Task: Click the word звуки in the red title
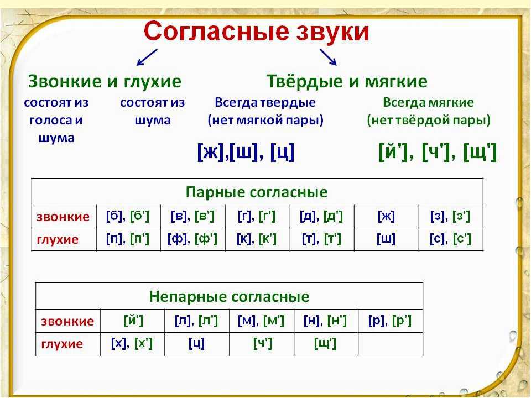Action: point(332,33)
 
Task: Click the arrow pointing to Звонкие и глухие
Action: point(147,57)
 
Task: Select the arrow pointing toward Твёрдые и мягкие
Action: point(328,57)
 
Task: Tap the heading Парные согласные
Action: point(257,192)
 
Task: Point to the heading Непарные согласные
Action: point(229,296)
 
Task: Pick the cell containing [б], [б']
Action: point(128,216)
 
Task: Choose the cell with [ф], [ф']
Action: point(192,239)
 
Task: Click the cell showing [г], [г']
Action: point(257,216)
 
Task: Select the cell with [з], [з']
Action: point(451,216)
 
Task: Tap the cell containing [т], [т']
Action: point(322,239)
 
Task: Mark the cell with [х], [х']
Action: point(132,344)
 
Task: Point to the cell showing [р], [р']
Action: point(390,321)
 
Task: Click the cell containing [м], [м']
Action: point(262,321)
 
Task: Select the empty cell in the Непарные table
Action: point(391,344)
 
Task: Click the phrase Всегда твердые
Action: point(265,102)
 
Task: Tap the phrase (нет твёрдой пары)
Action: point(429,120)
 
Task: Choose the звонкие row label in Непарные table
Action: point(67,321)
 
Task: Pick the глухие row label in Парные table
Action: point(58,239)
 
